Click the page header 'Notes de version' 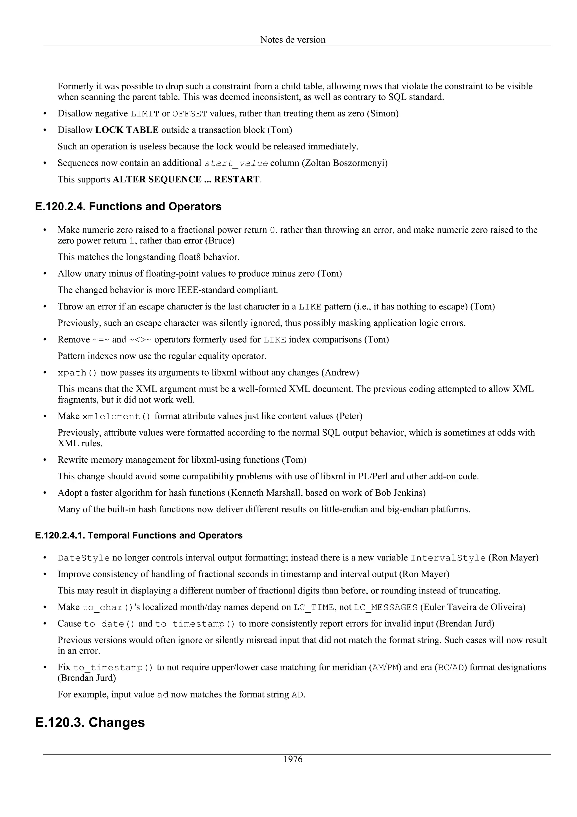tap(293, 39)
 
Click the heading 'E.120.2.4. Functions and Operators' tap(128, 206)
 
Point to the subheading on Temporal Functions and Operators tap(139, 536)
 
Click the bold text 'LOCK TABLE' tap(127, 130)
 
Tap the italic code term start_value tap(236, 163)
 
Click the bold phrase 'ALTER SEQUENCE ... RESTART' tap(186, 179)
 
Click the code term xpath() tap(77, 373)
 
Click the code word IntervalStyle tap(448, 558)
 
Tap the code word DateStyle tap(84, 558)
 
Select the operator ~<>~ tap(140, 340)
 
